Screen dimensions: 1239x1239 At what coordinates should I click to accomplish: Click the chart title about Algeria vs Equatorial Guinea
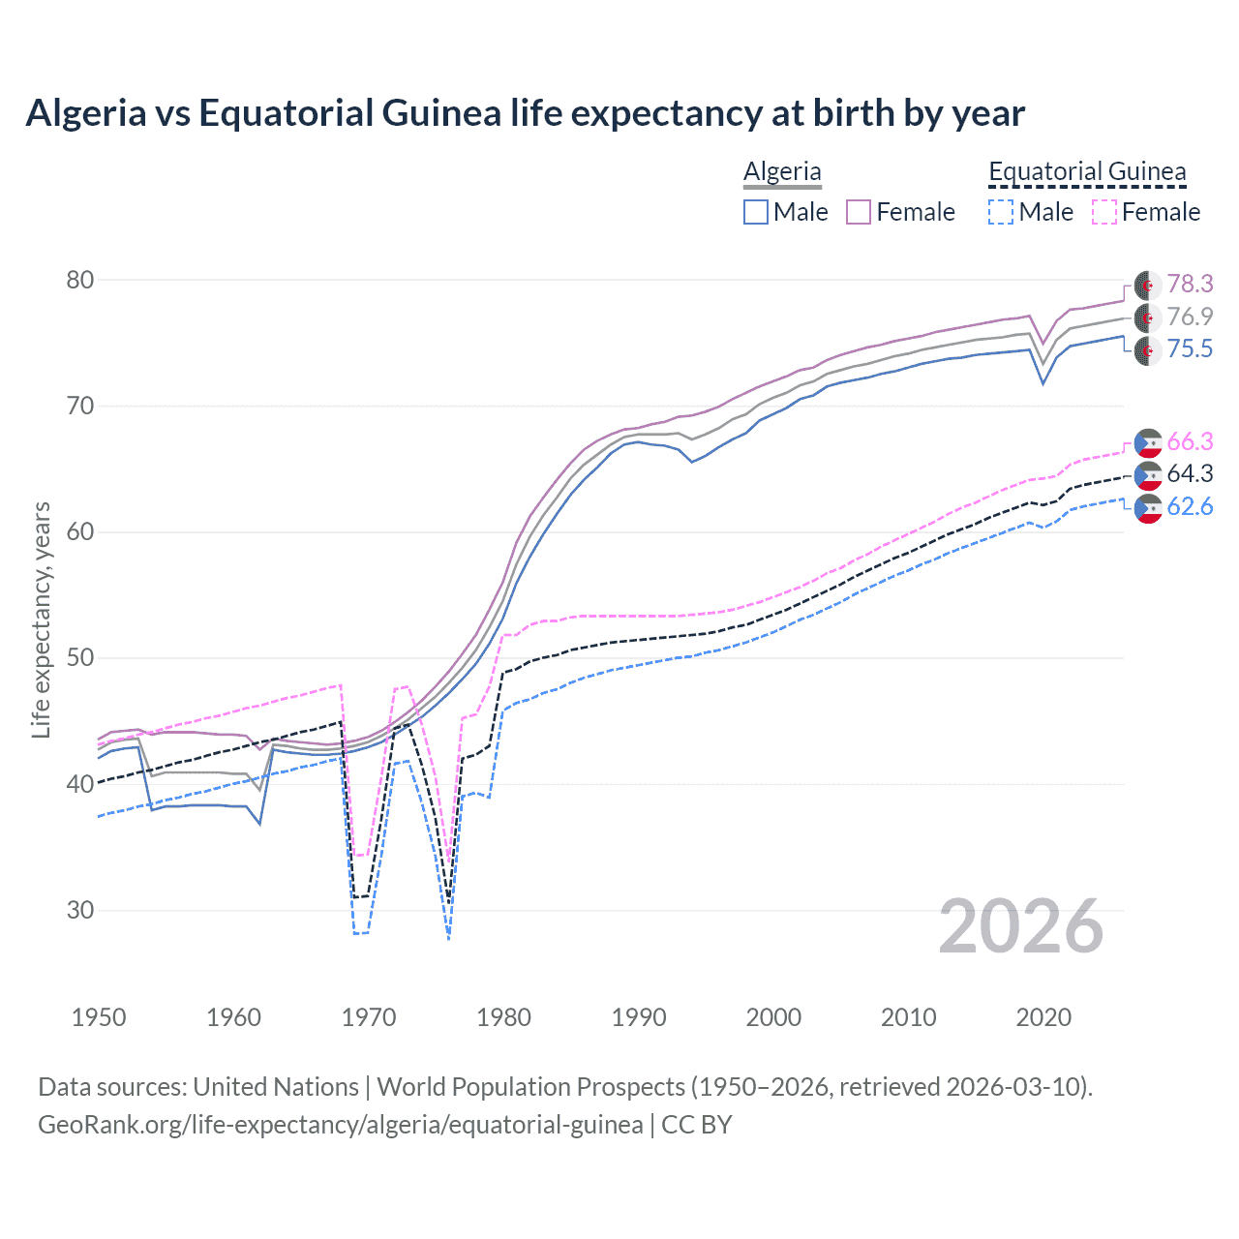click(525, 113)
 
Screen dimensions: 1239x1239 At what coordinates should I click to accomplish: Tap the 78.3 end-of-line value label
click(1190, 284)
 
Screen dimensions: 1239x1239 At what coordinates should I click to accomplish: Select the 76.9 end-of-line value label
click(1190, 317)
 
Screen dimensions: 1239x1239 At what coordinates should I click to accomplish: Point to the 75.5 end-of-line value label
click(1190, 348)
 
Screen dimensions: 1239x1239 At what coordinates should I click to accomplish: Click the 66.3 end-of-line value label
click(1190, 441)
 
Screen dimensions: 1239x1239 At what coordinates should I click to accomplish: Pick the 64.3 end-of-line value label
click(1190, 473)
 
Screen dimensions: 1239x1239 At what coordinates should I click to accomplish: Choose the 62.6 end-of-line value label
click(1190, 506)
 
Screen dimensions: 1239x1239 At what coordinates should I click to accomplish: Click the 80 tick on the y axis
click(80, 280)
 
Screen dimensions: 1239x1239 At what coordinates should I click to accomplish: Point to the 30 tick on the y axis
click(80, 910)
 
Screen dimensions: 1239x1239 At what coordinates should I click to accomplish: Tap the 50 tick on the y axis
click(80, 657)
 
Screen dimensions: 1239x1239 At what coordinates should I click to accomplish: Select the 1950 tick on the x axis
click(99, 1017)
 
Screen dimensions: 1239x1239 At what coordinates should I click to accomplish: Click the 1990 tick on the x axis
click(639, 1017)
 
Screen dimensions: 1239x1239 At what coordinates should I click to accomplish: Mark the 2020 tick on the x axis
click(1043, 1017)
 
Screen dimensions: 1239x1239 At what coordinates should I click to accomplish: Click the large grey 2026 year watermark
click(1021, 926)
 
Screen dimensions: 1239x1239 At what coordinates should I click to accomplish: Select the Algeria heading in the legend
click(782, 171)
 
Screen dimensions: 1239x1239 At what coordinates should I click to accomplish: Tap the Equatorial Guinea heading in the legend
click(1087, 171)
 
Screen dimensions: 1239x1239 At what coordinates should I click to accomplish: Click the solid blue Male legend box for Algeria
click(756, 212)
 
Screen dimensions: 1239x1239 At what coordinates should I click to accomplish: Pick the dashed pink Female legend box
click(1104, 212)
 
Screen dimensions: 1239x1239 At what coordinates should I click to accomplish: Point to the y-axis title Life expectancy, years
click(42, 619)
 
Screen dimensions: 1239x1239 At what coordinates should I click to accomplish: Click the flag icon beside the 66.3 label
click(1148, 442)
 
